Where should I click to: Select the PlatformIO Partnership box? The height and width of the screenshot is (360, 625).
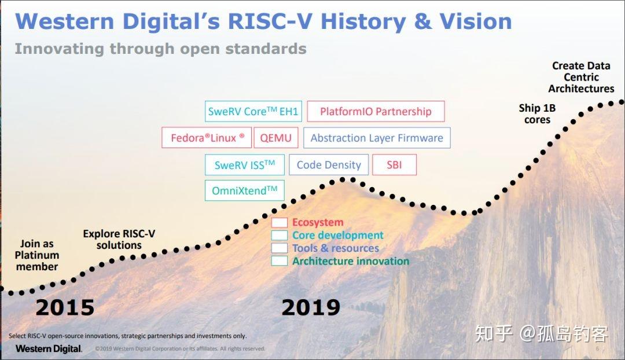click(x=376, y=112)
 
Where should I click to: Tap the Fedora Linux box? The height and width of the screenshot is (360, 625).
click(x=207, y=138)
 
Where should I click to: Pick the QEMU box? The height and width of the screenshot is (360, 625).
click(x=276, y=138)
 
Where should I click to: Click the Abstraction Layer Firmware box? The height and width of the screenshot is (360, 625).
click(x=377, y=138)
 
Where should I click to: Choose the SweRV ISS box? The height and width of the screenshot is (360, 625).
click(x=245, y=165)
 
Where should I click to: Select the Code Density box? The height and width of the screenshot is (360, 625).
click(x=329, y=165)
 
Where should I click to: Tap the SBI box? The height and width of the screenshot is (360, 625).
click(x=394, y=165)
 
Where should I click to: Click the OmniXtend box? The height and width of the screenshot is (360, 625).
click(x=244, y=190)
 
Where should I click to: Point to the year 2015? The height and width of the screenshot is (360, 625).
click(x=65, y=308)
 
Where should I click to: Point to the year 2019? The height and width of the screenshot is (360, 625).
click(x=311, y=308)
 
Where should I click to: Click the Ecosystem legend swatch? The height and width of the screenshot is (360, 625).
click(x=280, y=223)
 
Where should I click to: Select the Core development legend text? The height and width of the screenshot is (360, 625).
click(x=337, y=236)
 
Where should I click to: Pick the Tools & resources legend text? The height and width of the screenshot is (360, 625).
click(x=336, y=248)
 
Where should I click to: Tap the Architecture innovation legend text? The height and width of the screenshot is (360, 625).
click(x=350, y=261)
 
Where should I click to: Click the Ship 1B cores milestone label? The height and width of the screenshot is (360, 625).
click(x=537, y=113)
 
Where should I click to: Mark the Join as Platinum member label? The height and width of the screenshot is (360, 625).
click(x=37, y=255)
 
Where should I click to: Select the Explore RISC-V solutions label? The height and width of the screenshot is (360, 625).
click(x=119, y=240)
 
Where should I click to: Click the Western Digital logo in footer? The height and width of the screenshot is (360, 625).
click(x=49, y=348)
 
